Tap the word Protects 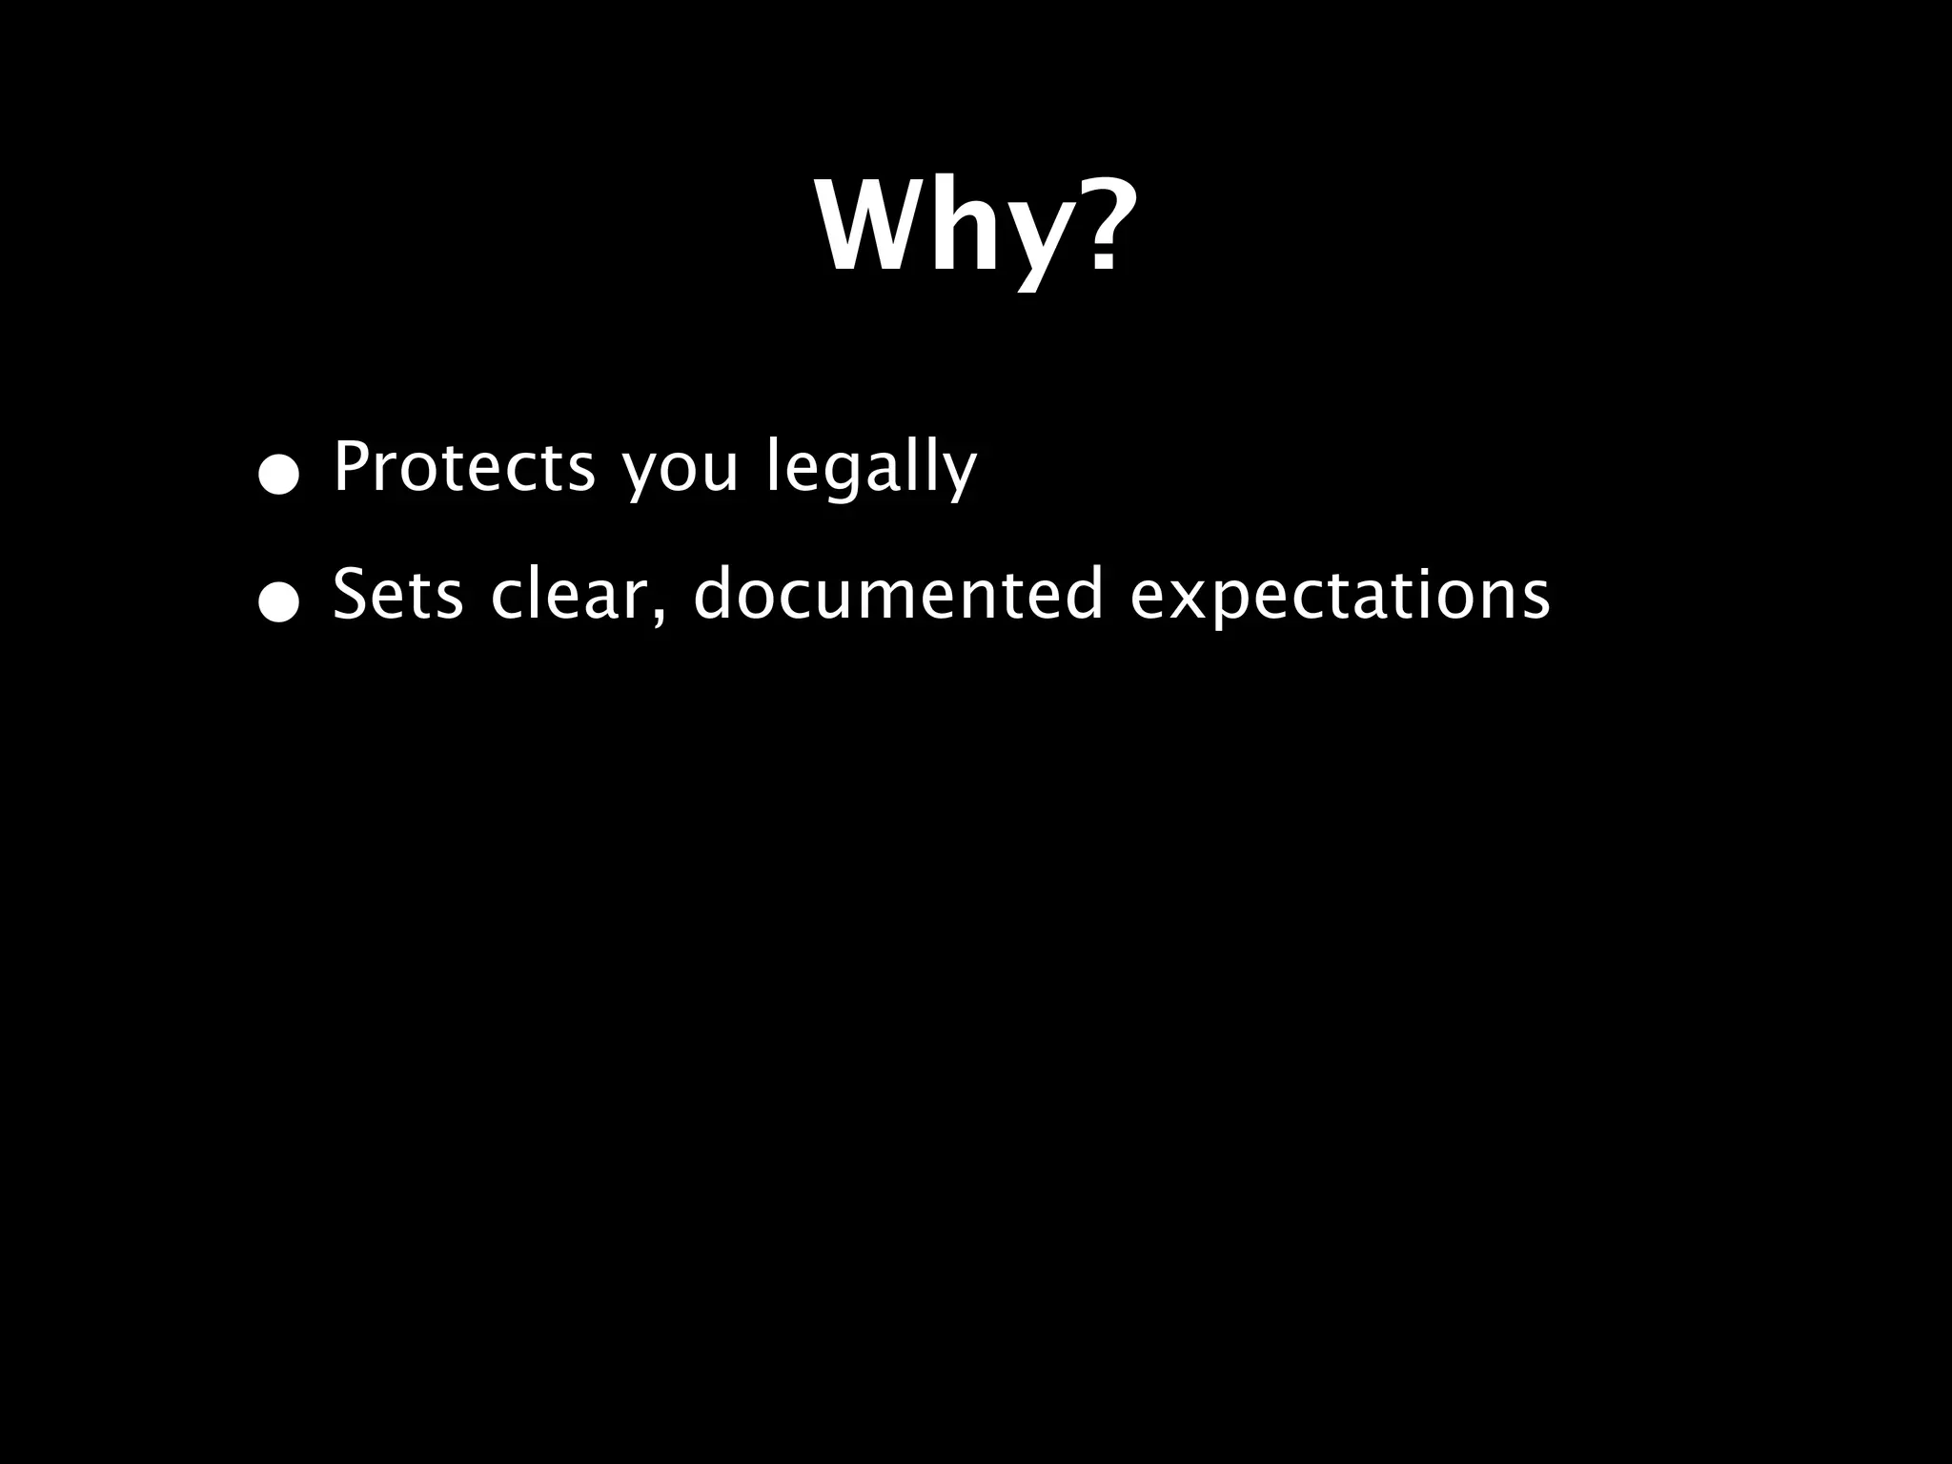click(x=464, y=468)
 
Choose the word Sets click(x=397, y=595)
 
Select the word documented click(x=898, y=595)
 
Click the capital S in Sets click(x=349, y=595)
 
